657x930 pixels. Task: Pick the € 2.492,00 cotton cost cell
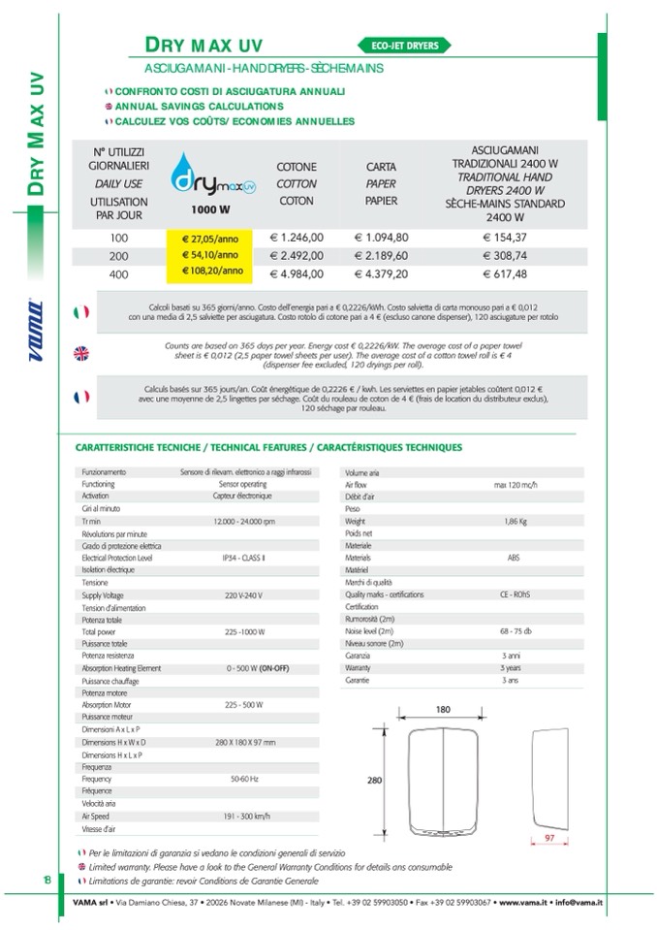(x=297, y=255)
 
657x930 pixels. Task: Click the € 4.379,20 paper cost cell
(x=382, y=273)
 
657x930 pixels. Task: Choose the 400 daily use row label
(x=118, y=273)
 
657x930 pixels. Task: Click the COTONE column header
(x=297, y=167)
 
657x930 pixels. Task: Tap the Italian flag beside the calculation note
(x=81, y=311)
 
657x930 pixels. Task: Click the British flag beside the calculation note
(x=81, y=353)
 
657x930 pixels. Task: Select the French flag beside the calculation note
(x=81, y=396)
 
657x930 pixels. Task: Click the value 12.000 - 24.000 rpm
(x=244, y=521)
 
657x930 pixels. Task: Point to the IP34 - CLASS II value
(x=244, y=558)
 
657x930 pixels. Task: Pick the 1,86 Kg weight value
(x=515, y=521)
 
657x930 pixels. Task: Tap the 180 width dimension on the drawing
(x=443, y=710)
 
